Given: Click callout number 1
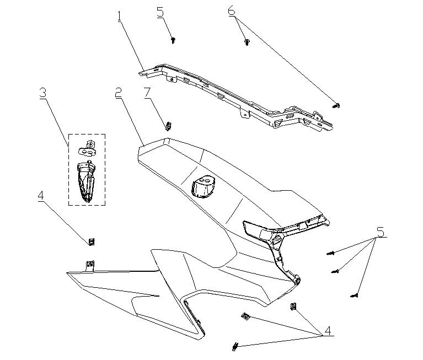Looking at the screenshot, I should click(x=119, y=17).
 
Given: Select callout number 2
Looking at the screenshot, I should click(x=118, y=93).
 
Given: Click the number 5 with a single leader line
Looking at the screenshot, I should click(x=160, y=12).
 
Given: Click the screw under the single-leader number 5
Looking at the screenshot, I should click(x=173, y=40).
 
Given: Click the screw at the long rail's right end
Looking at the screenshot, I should click(x=338, y=105).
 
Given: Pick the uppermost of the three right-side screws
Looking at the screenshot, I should click(x=331, y=253).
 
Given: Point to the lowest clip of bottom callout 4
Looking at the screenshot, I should click(x=234, y=346).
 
